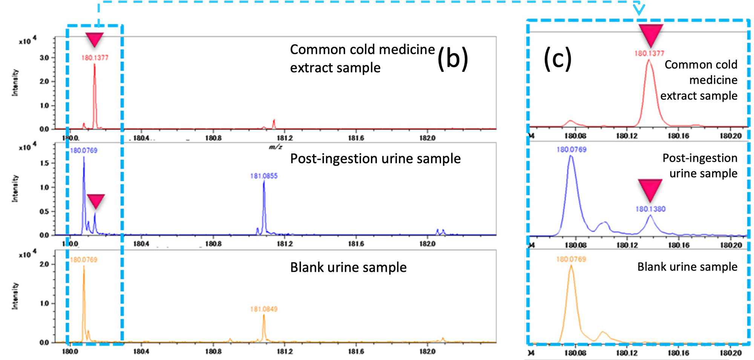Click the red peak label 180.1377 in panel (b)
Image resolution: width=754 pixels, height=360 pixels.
[95, 58]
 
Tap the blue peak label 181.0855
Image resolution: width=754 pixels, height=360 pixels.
[264, 176]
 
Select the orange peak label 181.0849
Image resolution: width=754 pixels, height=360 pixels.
[264, 309]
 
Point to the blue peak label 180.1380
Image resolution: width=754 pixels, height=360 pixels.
[650, 209]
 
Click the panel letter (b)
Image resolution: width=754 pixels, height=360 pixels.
[452, 59]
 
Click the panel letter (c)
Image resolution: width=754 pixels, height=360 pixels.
[557, 59]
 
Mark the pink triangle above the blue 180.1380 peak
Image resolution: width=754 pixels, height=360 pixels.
[650, 189]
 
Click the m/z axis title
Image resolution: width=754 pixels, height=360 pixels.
[276, 147]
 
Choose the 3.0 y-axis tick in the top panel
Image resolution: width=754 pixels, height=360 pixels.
[44, 58]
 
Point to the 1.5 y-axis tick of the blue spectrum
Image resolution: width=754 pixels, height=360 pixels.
[44, 163]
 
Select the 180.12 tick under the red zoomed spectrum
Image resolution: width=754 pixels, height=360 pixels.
[627, 136]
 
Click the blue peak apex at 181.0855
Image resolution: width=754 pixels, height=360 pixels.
[264, 182]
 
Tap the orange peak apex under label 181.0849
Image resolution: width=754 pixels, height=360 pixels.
[264, 315]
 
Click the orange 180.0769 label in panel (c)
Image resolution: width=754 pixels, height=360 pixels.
[571, 259]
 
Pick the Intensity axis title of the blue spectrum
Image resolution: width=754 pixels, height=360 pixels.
[15, 188]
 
